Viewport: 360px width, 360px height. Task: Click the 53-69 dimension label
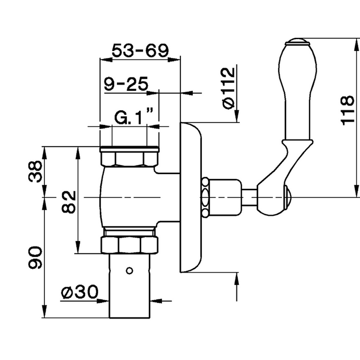click(x=140, y=51)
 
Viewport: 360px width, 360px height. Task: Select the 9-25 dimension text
click(x=126, y=85)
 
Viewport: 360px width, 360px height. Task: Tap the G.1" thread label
click(x=134, y=117)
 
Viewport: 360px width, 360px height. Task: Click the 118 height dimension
click(x=347, y=110)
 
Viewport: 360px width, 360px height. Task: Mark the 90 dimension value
click(x=36, y=258)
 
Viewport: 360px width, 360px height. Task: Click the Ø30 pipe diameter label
click(x=79, y=292)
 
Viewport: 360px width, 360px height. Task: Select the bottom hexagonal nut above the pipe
click(x=129, y=244)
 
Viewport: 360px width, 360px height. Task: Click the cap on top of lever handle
click(x=297, y=42)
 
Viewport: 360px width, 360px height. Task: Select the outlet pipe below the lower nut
click(x=129, y=288)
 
